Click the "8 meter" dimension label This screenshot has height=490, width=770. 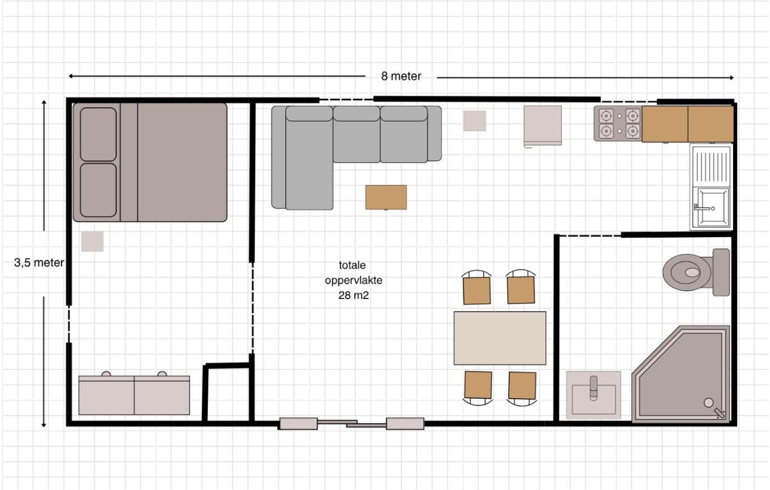coord(401,76)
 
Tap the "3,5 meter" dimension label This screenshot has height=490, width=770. coord(39,263)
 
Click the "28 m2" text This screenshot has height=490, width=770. coord(353,295)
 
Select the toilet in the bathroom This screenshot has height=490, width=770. coord(696,272)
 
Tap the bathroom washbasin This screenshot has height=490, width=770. coord(593,395)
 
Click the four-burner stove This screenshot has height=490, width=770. coord(618,123)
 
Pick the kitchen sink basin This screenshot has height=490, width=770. coord(711,208)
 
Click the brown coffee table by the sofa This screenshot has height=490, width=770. coord(386,197)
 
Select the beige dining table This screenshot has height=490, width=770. coord(500,338)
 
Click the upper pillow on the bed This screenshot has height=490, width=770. coord(98,134)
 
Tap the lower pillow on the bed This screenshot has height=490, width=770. coord(98,190)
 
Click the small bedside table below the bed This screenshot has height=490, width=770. coord(92,241)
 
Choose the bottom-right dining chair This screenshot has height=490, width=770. coord(522,388)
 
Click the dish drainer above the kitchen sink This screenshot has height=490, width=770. coord(711,165)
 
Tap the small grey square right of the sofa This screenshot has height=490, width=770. coord(474,121)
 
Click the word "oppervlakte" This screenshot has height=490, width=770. coord(353,280)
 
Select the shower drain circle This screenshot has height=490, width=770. coord(708,402)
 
